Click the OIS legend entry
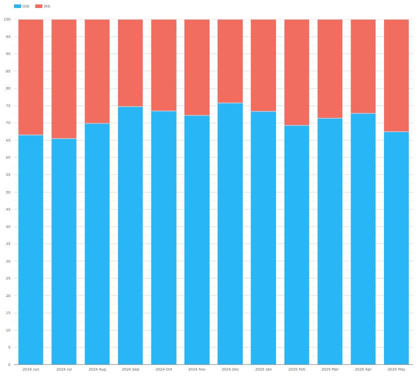(22, 6)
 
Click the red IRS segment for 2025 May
(396, 75)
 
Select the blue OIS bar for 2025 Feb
(296, 244)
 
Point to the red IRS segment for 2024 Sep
(130, 63)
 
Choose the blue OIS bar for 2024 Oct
(163, 237)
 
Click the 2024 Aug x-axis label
(97, 369)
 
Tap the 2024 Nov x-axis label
(196, 369)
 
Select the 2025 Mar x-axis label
(329, 369)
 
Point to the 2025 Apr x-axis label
(363, 369)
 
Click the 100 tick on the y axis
(7, 19)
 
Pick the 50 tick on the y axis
(8, 192)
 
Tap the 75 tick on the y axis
(8, 106)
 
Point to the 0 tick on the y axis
(9, 364)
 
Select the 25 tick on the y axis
(8, 278)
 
